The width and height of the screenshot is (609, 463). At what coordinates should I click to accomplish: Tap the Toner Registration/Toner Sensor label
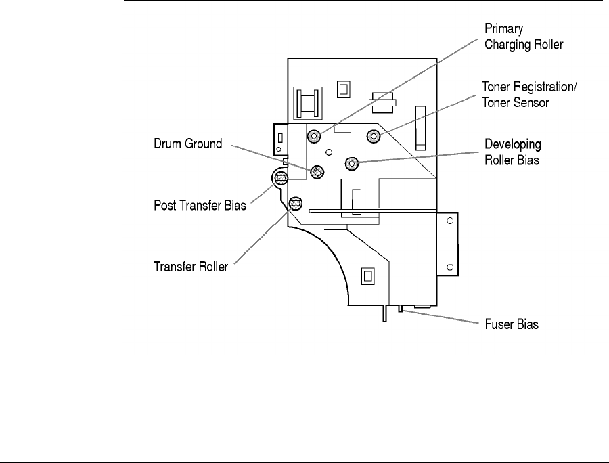(x=530, y=95)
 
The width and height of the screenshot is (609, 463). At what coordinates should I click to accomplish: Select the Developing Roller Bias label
(x=513, y=152)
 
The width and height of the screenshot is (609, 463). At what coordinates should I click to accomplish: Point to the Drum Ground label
(x=187, y=144)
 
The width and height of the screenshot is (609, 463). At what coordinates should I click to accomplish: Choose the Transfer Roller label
(x=190, y=266)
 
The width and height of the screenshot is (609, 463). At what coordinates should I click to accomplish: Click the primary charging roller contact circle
(x=313, y=137)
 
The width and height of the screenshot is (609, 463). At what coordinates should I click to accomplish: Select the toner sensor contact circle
(x=373, y=137)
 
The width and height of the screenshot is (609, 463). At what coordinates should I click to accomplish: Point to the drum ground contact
(x=316, y=172)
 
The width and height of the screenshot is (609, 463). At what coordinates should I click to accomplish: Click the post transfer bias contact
(x=280, y=179)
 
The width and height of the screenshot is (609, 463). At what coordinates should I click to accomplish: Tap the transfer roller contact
(x=295, y=202)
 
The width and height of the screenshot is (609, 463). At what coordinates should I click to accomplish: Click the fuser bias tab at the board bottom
(x=402, y=309)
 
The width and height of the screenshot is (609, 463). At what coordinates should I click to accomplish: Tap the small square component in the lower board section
(x=367, y=275)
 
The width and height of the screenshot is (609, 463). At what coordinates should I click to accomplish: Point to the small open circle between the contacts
(x=328, y=152)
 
